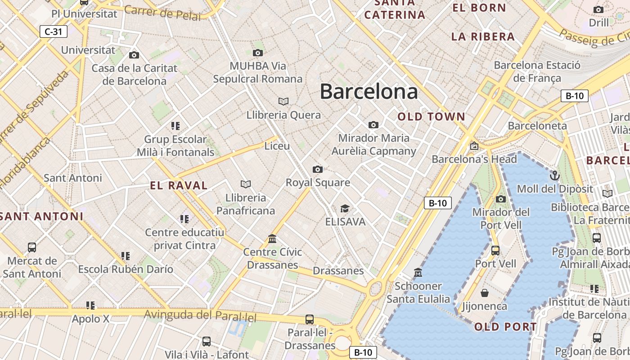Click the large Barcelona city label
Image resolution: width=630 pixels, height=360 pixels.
[369, 92]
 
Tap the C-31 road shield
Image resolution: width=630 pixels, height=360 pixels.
[54, 31]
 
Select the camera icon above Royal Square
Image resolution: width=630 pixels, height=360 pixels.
[318, 170]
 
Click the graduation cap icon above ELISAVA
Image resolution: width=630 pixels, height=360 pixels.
[345, 208]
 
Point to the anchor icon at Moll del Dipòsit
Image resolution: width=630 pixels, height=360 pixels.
[555, 175]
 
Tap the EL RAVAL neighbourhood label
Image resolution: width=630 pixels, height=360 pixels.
[179, 185]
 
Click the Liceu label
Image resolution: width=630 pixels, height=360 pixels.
[277, 146]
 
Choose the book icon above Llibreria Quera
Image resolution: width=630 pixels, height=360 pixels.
[283, 101]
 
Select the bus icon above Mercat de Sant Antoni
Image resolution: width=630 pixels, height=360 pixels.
[32, 247]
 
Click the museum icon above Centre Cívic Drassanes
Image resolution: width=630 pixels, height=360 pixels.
[272, 238]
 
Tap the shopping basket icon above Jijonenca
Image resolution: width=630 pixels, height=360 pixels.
[485, 293]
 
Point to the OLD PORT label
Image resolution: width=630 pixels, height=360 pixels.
[505, 327]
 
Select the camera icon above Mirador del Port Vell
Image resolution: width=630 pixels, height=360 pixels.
[501, 199]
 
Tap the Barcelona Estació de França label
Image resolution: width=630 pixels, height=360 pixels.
[537, 72]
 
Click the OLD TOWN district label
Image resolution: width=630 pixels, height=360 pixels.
[431, 117]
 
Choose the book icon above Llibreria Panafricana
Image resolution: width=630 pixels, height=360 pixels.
[246, 184]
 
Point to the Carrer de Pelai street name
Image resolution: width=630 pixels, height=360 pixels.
[162, 13]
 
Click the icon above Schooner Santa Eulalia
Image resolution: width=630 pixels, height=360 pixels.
[418, 273]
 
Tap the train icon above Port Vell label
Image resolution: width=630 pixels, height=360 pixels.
[495, 251]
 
